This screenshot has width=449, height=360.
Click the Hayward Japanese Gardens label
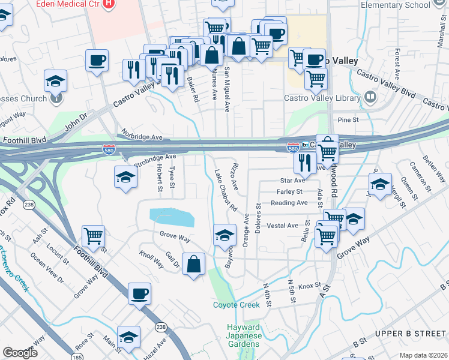tap(244, 335)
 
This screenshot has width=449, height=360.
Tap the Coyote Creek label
tap(237, 305)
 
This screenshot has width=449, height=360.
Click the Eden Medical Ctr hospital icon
tap(109, 4)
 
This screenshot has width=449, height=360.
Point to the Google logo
tap(20, 353)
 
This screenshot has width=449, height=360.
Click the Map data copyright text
tap(423, 355)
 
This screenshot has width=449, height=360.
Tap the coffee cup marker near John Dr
tap(97, 61)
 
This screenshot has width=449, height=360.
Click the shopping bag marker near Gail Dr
tap(193, 264)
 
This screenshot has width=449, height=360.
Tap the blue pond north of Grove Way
tap(172, 217)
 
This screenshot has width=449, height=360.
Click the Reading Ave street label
tap(289, 203)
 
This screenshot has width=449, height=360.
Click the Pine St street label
tap(348, 120)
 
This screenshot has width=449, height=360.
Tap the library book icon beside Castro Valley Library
tap(370, 96)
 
